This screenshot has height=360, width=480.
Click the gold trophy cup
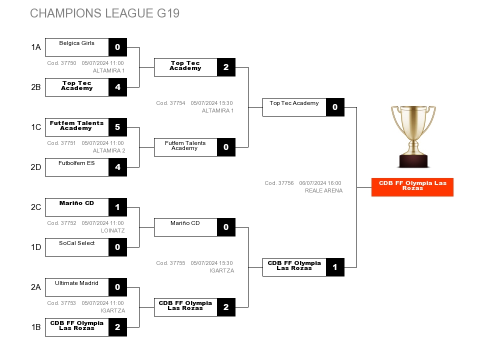[413, 136]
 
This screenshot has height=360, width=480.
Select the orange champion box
[412, 187]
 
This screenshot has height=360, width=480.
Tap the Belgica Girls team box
[77, 47]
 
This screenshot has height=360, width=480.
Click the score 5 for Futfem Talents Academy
[117, 127]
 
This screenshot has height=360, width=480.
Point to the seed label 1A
[36, 47]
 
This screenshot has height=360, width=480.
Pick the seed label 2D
[36, 167]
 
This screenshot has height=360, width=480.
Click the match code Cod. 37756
[279, 183]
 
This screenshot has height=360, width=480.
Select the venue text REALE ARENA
[323, 190]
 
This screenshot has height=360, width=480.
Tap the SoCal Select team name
[77, 243]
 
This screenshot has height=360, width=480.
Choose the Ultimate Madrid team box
[77, 287]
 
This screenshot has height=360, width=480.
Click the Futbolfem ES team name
[76, 163]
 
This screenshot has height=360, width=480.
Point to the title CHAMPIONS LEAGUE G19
[104, 13]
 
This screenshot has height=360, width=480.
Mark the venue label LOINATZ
[112, 230]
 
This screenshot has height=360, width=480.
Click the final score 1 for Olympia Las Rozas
[335, 267]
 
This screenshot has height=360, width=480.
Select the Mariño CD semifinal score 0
[226, 227]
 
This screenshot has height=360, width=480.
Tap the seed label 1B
[36, 327]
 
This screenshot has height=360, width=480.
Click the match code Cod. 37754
[170, 103]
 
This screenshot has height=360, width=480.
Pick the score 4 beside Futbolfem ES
[117, 167]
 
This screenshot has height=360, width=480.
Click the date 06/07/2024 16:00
[320, 183]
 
